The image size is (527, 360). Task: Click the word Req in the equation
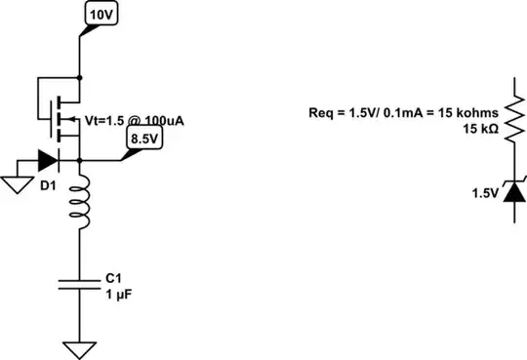(x=321, y=113)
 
